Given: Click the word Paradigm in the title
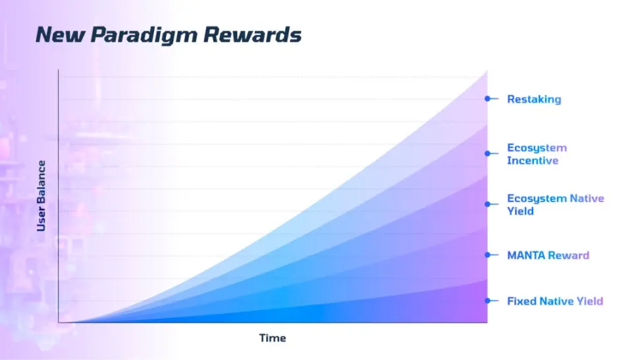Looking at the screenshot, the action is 144,36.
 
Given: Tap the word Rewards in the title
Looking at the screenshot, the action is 252,34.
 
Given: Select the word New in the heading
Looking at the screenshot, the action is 61,34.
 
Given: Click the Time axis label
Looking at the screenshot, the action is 273,338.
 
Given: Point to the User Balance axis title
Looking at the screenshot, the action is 41,196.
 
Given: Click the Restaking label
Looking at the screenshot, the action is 534,99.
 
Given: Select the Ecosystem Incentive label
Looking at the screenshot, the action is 537,154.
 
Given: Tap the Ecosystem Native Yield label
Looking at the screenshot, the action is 556,205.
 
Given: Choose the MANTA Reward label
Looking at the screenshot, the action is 548,255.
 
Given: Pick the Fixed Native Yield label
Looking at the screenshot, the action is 554,301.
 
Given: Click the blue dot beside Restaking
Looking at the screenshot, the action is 487,99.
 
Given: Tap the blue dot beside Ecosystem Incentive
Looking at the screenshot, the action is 487,153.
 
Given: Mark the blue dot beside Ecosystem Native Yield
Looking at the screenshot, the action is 487,204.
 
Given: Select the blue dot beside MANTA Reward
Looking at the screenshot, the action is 487,255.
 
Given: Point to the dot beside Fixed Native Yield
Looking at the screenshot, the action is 487,300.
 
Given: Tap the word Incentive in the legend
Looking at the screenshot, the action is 533,161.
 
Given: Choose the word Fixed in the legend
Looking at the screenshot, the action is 521,301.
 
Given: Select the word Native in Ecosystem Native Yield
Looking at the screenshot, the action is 587,198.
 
